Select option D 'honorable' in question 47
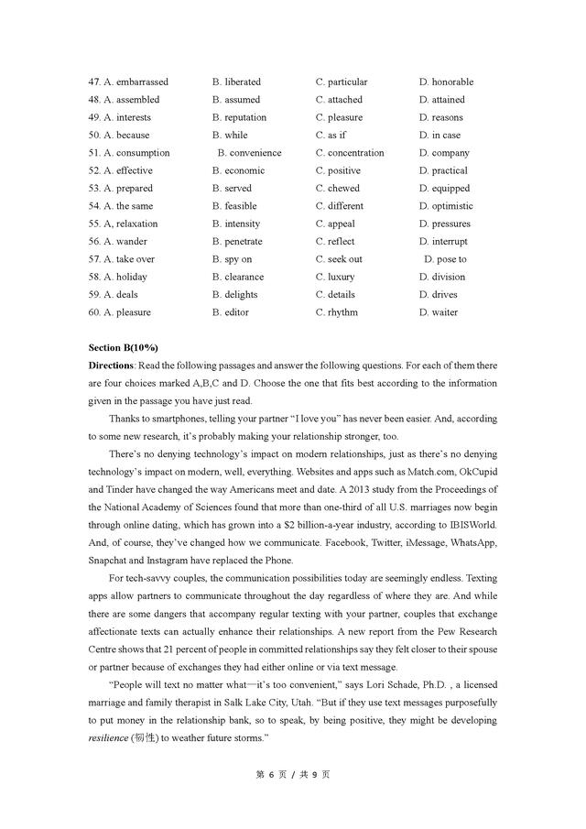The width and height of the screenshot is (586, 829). coord(447,82)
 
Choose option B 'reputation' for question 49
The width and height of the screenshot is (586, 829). coord(239,117)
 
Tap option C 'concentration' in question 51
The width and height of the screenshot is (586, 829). coord(350,153)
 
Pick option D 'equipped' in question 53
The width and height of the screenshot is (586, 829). coord(445,189)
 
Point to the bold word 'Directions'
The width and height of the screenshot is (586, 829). coord(111,365)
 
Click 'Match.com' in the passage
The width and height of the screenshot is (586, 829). coord(431,472)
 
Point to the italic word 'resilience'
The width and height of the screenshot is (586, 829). coord(114,720)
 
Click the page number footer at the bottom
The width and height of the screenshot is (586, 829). coord(292,774)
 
